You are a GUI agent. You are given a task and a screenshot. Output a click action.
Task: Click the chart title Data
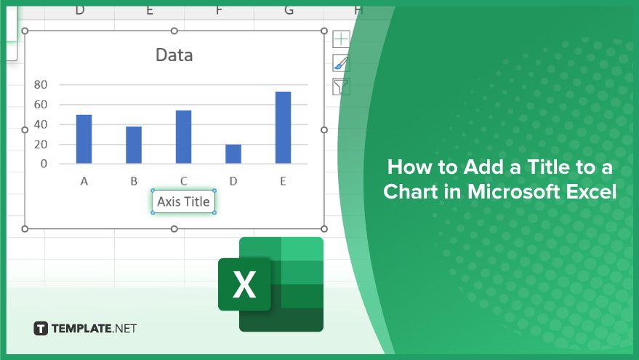click(174, 55)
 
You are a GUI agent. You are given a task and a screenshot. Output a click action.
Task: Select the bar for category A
click(84, 139)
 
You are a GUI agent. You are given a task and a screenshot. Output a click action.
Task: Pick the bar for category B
click(134, 145)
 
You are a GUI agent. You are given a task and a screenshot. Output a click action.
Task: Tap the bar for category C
click(183, 137)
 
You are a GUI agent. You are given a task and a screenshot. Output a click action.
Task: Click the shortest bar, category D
click(233, 153)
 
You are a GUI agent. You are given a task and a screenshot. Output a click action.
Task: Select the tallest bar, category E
click(284, 127)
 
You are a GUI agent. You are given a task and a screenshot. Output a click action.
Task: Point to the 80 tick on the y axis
click(41, 85)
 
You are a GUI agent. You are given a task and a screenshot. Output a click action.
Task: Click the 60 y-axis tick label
click(41, 105)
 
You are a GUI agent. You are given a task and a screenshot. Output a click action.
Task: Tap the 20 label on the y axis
click(41, 144)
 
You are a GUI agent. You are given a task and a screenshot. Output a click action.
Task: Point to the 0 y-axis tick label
click(44, 164)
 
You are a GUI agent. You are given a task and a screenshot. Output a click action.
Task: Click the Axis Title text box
click(183, 201)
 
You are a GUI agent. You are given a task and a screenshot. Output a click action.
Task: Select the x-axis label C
click(183, 181)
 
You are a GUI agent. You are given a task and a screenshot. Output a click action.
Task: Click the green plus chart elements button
click(341, 39)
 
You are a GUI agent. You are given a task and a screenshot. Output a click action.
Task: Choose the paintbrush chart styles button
click(341, 63)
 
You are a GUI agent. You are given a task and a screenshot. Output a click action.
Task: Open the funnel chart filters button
click(341, 87)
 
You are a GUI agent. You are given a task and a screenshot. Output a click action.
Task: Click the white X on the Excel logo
click(244, 284)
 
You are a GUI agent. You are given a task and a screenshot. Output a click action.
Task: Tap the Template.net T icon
click(41, 328)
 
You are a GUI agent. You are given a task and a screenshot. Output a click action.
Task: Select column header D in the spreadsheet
click(80, 9)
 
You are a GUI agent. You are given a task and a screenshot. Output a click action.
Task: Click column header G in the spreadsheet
click(289, 9)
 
